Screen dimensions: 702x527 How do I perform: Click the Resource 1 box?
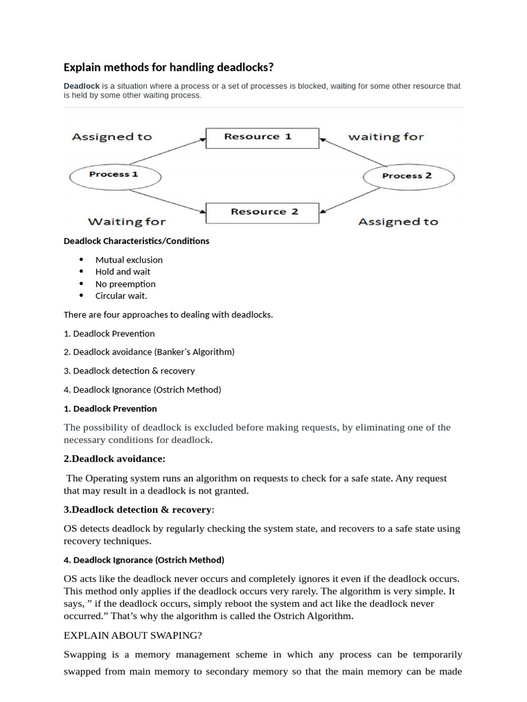[258, 137]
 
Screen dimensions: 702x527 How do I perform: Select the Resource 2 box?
[264, 212]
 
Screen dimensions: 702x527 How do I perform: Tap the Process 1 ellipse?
[114, 175]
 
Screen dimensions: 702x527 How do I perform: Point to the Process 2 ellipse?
[408, 176]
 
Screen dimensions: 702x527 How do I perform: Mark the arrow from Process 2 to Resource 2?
[347, 200]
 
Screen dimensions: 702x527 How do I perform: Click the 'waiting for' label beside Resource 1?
[386, 136]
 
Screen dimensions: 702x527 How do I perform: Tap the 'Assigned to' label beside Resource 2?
[398, 221]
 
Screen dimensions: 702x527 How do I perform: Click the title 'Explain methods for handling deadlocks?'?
[169, 67]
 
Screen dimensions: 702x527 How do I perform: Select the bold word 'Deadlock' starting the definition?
[81, 86]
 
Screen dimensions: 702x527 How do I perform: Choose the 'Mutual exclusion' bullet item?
[129, 260]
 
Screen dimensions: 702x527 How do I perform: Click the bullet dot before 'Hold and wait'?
[81, 271]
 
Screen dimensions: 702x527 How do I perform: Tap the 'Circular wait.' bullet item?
[121, 295]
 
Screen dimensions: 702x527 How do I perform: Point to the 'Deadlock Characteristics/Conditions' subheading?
[137, 241]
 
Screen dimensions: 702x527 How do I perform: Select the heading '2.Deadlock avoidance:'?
[115, 459]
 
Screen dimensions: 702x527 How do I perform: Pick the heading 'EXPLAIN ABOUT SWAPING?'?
[133, 635]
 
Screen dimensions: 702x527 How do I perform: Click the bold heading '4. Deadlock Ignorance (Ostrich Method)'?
[144, 559]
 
